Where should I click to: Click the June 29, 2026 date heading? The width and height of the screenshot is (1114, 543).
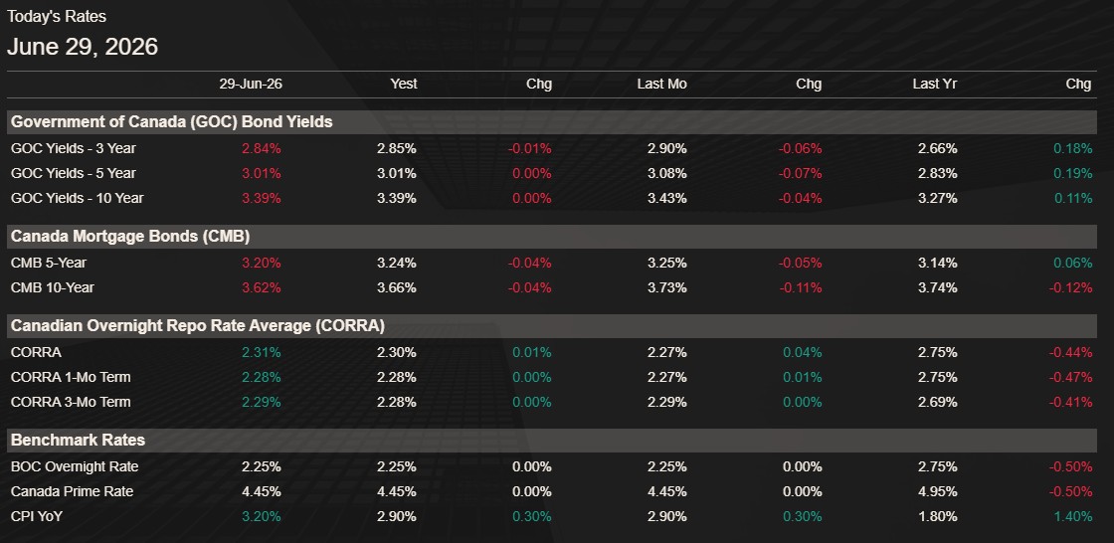tap(83, 47)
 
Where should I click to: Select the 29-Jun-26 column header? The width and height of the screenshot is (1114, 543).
tap(251, 84)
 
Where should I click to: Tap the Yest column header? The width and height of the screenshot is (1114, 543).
tap(404, 84)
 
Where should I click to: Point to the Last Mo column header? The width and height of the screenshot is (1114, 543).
tap(662, 84)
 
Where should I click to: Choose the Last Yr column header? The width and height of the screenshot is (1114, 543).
tap(935, 84)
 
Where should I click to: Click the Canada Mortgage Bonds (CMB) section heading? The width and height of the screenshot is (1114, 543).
tap(130, 236)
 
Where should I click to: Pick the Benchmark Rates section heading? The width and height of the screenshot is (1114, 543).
tap(79, 440)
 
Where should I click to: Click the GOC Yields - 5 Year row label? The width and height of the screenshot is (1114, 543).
tap(74, 173)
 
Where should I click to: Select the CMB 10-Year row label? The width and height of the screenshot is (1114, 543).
tap(53, 287)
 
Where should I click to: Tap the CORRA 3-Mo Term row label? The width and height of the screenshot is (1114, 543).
tap(71, 402)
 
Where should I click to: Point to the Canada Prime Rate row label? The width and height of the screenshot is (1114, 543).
tap(72, 492)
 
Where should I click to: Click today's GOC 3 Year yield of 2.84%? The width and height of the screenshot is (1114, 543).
tap(262, 149)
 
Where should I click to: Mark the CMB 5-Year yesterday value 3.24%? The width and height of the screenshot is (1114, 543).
tap(397, 263)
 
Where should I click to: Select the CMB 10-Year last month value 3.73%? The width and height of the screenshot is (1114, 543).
tap(667, 287)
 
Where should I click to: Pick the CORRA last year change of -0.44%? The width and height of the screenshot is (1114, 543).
tap(1070, 352)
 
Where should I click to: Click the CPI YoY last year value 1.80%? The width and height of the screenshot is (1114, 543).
tap(937, 517)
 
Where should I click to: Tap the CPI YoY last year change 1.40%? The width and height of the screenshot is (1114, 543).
tap(1073, 517)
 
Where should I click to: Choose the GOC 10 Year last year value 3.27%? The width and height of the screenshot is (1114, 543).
tap(937, 198)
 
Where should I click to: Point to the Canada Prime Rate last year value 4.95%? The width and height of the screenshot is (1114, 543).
tap(937, 492)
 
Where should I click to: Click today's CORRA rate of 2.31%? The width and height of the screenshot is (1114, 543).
tap(262, 352)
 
